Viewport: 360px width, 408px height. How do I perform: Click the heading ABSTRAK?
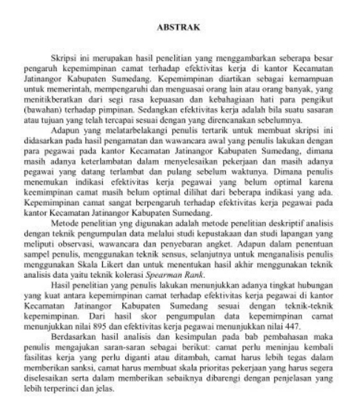179,28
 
